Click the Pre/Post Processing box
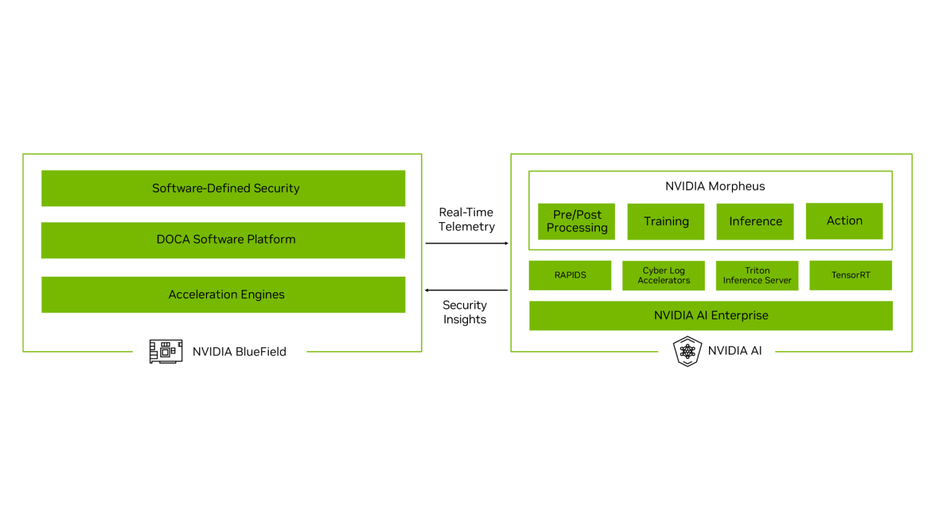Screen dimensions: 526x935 point(577,222)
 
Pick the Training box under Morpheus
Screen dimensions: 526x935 point(666,222)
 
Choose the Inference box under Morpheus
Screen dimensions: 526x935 point(755,222)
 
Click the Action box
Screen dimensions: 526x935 point(844,221)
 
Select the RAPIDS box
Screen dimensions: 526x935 point(570,275)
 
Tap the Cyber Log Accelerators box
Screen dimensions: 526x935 point(663,276)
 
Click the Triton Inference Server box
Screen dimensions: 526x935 point(757,276)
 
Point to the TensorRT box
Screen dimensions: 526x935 point(850,275)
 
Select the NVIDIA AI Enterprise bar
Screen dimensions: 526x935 point(711,316)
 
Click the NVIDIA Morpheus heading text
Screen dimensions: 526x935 point(715,186)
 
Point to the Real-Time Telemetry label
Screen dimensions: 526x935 point(466,219)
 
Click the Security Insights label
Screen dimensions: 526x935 point(465,312)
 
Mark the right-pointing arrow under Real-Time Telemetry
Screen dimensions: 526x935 point(466,243)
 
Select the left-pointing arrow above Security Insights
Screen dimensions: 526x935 point(466,290)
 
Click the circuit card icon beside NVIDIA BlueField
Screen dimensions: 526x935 point(166,351)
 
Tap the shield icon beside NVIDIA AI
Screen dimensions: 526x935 point(687,351)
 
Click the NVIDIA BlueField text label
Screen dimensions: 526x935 point(239,352)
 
